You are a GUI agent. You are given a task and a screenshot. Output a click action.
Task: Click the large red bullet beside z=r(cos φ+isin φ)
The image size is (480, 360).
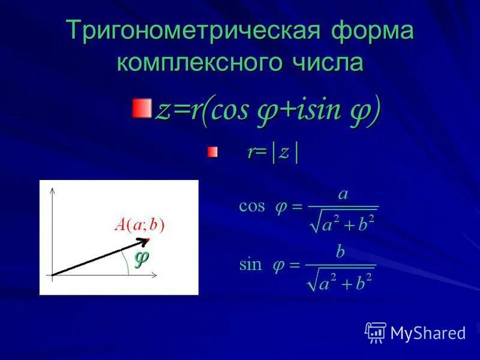[x=142, y=109]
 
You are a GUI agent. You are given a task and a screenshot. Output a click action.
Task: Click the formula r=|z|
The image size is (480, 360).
[x=272, y=152]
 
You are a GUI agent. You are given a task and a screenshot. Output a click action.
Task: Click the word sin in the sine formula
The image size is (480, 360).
[x=250, y=265]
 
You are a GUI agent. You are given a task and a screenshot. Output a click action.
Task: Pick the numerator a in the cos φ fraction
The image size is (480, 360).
[x=343, y=194]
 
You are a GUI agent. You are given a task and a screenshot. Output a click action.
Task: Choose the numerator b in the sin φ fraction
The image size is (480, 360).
[x=340, y=252]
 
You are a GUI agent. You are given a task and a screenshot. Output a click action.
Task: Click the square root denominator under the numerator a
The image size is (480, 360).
[x=342, y=223]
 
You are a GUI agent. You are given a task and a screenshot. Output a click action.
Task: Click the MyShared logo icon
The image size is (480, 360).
[x=376, y=332]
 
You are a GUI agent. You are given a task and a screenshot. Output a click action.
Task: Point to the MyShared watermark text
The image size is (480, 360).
[x=428, y=332]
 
